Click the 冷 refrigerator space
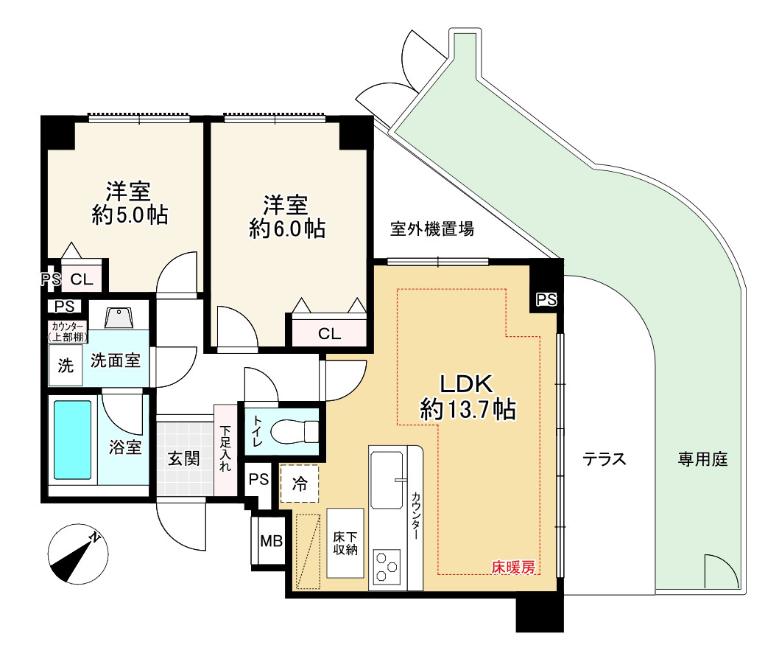299,484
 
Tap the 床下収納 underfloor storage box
345,544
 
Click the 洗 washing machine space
66,366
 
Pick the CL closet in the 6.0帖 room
329,333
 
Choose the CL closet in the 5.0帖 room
81,279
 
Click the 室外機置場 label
432,229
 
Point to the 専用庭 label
702,460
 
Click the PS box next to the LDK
546,299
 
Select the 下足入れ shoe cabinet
225,450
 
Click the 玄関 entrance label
183,458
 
